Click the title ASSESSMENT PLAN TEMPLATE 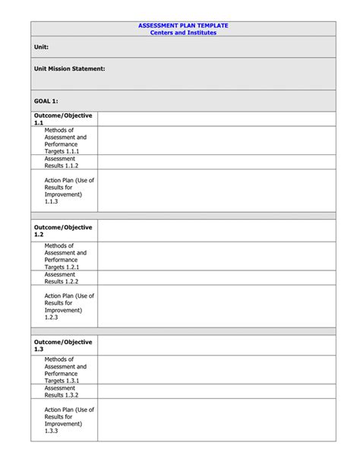183,26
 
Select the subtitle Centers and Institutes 183,33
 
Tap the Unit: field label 41,47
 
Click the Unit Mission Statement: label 69,68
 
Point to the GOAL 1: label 46,100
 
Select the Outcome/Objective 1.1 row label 63,119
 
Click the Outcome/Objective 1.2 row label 63,231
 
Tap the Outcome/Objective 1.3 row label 63,346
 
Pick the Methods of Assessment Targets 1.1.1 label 65,141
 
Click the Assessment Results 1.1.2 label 61,162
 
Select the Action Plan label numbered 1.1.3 68,191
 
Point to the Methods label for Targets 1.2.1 65,256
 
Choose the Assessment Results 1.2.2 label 61,277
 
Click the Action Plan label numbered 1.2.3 68,306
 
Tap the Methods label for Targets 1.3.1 65,370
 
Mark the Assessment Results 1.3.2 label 61,391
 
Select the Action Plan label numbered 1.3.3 68,420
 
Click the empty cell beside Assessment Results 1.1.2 216,162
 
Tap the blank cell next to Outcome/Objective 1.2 216,231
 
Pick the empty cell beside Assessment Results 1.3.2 216,391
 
